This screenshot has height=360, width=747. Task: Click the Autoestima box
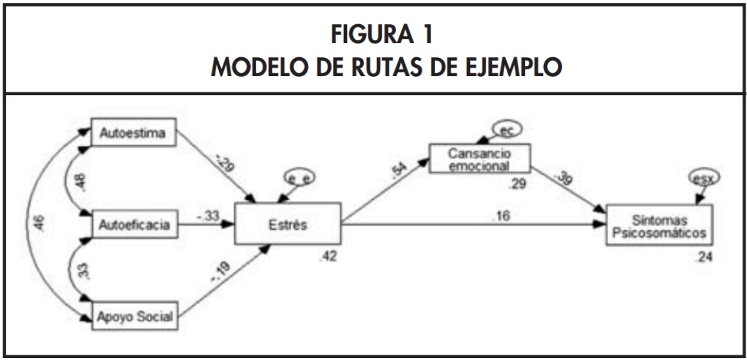point(134,134)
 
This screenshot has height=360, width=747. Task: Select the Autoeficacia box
point(134,226)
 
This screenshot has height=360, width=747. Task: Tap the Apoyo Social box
point(134,318)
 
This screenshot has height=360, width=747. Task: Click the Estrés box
point(287,226)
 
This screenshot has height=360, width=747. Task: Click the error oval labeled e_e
point(300,176)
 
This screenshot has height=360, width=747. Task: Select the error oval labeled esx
point(705,176)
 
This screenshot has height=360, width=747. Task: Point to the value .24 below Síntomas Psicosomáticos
point(703,257)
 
